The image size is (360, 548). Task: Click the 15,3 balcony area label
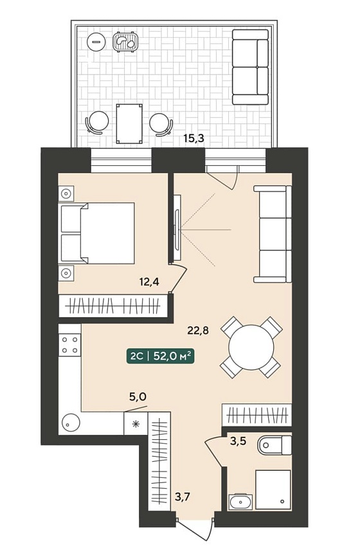pyautogui.click(x=194, y=138)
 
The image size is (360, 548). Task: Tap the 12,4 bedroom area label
pyautogui.click(x=149, y=281)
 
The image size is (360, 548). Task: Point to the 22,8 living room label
pyautogui.click(x=198, y=330)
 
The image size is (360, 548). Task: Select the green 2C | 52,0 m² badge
pyautogui.click(x=160, y=356)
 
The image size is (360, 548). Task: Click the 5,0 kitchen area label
pyautogui.click(x=138, y=397)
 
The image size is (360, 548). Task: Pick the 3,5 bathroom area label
pyautogui.click(x=238, y=441)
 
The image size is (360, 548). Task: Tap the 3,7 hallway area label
pyautogui.click(x=183, y=496)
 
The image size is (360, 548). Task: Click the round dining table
pyautogui.click(x=251, y=347)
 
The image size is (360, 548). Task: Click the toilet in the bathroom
pyautogui.click(x=274, y=445)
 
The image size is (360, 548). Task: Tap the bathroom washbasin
pyautogui.click(x=240, y=502)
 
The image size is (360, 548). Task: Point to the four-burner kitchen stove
pyautogui.click(x=70, y=345)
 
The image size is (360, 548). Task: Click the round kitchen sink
pyautogui.click(x=71, y=423)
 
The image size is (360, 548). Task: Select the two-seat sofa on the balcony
pyautogui.click(x=250, y=67)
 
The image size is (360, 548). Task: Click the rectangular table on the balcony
pyautogui.click(x=129, y=123)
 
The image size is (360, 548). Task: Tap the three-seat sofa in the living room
pyautogui.click(x=273, y=234)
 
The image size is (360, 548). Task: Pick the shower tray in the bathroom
pyautogui.click(x=273, y=489)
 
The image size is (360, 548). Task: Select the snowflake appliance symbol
pyautogui.click(x=136, y=424)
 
